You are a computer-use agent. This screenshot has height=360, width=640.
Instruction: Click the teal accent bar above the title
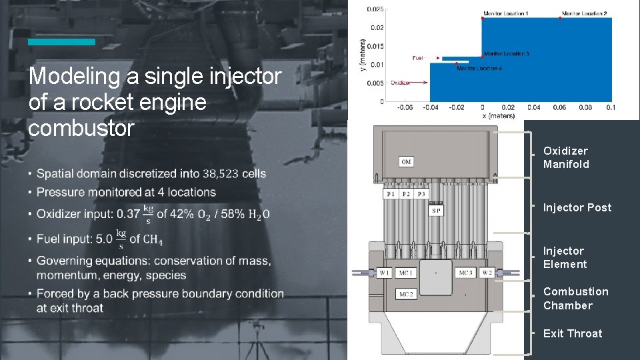point(61,42)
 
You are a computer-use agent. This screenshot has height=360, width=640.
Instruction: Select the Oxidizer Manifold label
point(566,157)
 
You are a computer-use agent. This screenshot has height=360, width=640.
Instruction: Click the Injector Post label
point(577,207)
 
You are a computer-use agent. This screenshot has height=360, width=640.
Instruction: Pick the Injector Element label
point(565,257)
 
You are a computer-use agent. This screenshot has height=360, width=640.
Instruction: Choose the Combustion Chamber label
point(575,299)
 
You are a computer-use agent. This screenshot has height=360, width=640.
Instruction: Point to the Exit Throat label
point(572,333)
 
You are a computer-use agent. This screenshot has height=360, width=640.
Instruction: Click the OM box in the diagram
point(406,161)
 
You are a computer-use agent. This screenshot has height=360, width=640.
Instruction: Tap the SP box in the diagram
point(436,211)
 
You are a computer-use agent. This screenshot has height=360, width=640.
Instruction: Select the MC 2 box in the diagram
point(406,294)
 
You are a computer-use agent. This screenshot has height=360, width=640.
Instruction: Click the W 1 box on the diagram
point(385,273)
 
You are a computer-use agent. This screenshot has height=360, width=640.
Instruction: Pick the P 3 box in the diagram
point(421,194)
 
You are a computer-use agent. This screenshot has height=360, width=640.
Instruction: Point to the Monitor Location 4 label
point(479,69)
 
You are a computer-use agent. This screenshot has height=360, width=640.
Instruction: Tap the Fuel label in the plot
point(417,58)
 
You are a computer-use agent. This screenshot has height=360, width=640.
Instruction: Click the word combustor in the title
point(81,128)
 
